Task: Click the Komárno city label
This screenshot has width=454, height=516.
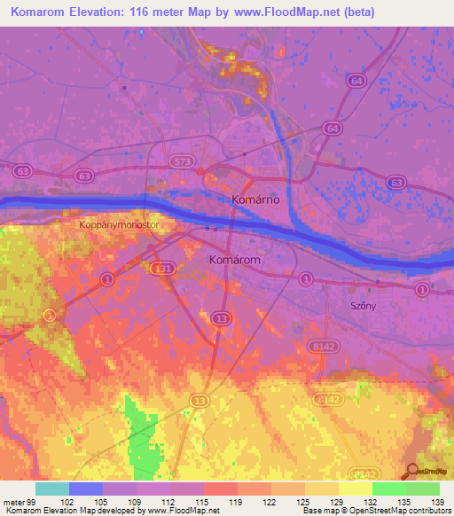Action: pyautogui.click(x=255, y=200)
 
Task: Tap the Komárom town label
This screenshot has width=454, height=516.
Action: pyautogui.click(x=234, y=261)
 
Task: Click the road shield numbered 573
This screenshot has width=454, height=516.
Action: pyautogui.click(x=183, y=160)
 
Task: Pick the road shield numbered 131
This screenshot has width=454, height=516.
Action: pyautogui.click(x=162, y=267)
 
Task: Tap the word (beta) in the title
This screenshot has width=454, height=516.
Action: pyautogui.click(x=350, y=12)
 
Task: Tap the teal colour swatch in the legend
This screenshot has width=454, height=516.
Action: pyautogui.click(x=52, y=489)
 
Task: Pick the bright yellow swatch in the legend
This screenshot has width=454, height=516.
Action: pyautogui.click(x=355, y=489)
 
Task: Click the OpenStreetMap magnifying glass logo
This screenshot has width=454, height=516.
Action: pyautogui.click(x=411, y=471)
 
